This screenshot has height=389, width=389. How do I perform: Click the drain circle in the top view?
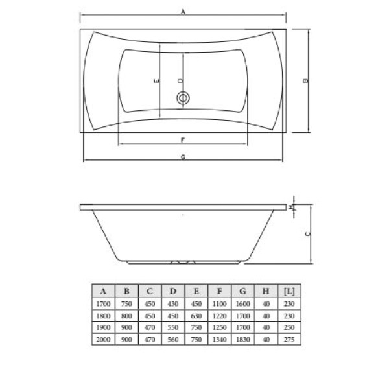183,99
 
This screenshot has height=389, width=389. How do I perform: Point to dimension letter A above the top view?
183,11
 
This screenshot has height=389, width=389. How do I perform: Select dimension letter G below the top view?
183,157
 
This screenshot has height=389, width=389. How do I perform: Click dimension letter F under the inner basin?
183,139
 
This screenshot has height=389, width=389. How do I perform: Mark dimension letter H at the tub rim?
292,207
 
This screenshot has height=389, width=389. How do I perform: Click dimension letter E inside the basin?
158,82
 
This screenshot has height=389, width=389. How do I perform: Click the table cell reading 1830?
242,340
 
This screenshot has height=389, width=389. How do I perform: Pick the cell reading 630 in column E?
196,316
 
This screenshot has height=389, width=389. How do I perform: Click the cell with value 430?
172,303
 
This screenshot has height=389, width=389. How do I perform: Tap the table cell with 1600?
242,303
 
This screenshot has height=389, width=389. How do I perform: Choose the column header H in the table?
265,290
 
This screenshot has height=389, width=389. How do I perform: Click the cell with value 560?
172,340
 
